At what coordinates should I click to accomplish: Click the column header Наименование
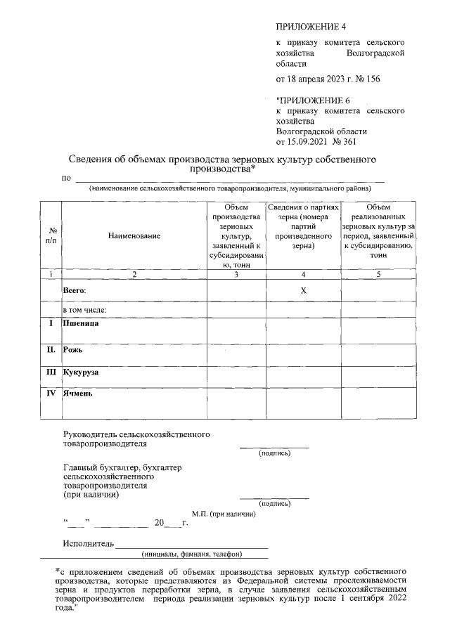(x=134, y=236)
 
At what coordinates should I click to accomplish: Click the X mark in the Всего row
(x=303, y=290)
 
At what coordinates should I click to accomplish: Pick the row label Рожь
(x=73, y=348)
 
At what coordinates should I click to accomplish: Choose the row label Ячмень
(x=78, y=394)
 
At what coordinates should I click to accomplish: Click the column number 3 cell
(x=236, y=274)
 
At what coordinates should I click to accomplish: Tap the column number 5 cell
(x=378, y=274)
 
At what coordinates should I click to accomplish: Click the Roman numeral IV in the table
(x=51, y=394)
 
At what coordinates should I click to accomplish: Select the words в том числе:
(x=84, y=309)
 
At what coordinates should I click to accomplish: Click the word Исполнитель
(x=88, y=543)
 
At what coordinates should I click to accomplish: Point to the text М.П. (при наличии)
(x=224, y=514)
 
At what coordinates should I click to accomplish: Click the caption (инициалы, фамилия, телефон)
(x=191, y=553)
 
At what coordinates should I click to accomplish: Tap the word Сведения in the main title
(x=95, y=160)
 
